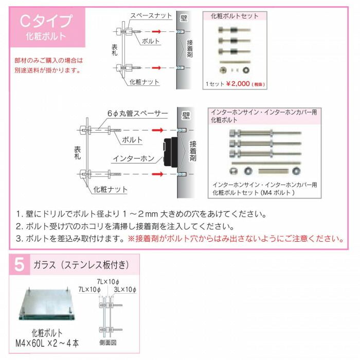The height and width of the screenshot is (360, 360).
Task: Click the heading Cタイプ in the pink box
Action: coord(45,21)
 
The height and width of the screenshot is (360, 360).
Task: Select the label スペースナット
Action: coord(151,16)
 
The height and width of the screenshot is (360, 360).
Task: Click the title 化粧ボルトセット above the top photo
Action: coord(235,16)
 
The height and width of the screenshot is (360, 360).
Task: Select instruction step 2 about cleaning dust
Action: coord(125,226)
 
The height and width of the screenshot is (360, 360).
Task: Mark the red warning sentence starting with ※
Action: coord(236,239)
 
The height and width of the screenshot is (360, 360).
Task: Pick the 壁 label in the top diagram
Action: coord(183,18)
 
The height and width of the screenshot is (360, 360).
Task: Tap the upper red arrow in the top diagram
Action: coord(160,32)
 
